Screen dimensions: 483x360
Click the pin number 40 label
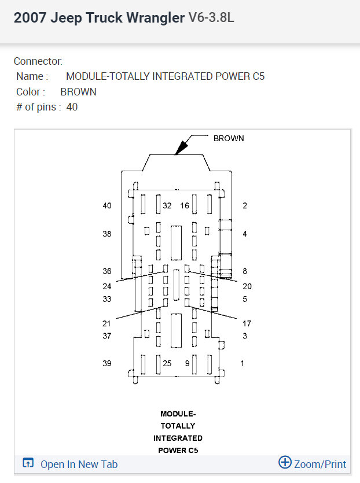point(107,206)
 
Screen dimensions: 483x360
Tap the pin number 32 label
point(167,206)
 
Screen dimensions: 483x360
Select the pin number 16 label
point(185,206)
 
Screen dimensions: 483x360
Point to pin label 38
point(107,234)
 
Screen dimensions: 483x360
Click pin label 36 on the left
point(107,271)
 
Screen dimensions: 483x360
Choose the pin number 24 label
point(107,286)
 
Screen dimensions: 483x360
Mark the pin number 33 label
point(107,299)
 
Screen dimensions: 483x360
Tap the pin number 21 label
point(107,324)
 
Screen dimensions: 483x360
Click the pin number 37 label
point(107,336)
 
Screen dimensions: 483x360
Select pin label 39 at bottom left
point(107,363)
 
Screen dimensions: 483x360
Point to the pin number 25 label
point(167,363)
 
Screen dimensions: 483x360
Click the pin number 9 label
point(187,363)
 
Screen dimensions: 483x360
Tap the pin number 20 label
point(247,286)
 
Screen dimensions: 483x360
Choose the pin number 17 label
point(247,324)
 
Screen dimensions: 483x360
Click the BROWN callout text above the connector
point(229,138)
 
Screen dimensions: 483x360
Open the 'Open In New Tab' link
point(79,464)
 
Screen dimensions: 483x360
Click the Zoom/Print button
point(313,464)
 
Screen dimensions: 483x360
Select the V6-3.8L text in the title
point(211,18)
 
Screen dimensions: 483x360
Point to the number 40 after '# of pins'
point(72,107)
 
